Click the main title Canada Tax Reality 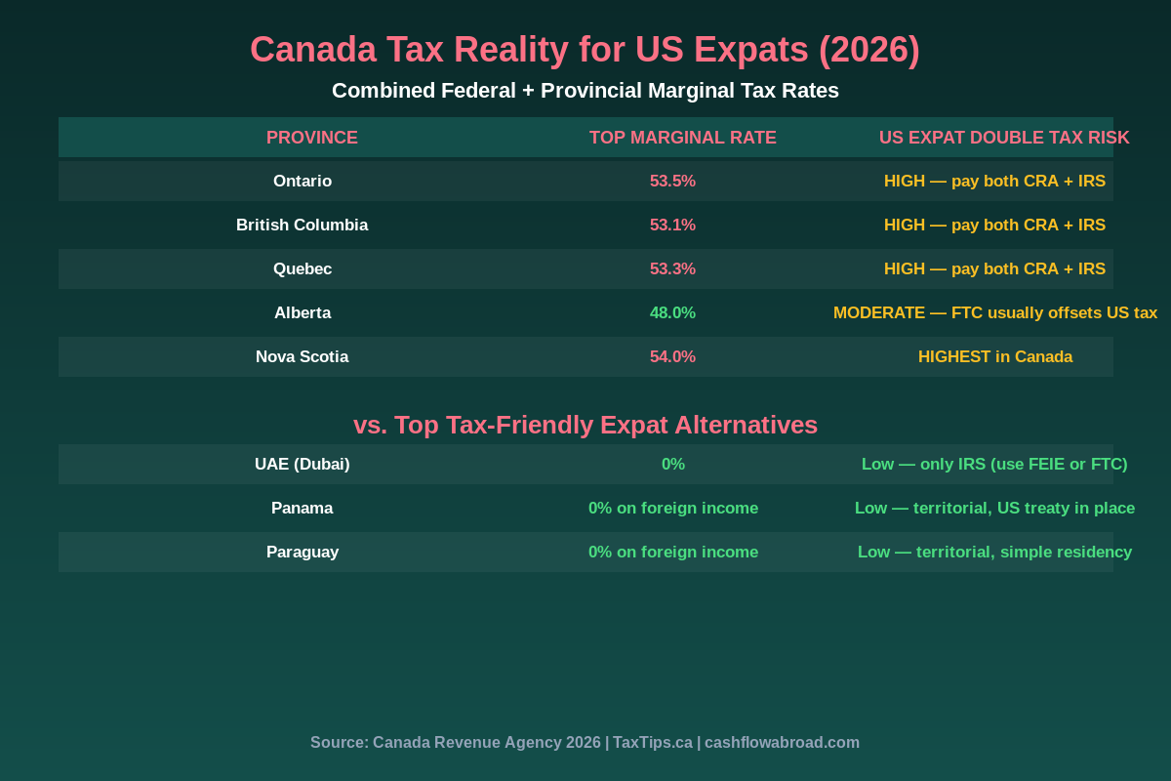tap(585, 50)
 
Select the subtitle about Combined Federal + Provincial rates tap(585, 91)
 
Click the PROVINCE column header tap(312, 138)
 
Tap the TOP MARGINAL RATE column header tap(682, 138)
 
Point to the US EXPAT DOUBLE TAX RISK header tap(1003, 138)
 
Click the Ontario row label tap(303, 182)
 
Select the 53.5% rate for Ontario tap(672, 182)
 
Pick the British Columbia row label tap(303, 226)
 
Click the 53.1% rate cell tap(672, 226)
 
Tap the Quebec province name tap(303, 269)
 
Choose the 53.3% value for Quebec tap(672, 269)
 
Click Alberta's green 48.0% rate tap(672, 313)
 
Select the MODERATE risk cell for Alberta tap(994, 313)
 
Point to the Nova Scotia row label tap(303, 357)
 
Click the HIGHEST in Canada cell tap(994, 357)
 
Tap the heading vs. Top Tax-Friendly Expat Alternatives tap(585, 425)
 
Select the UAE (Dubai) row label tap(303, 465)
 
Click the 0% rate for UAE tap(672, 465)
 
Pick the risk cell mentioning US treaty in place tap(994, 509)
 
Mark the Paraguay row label tap(303, 553)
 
